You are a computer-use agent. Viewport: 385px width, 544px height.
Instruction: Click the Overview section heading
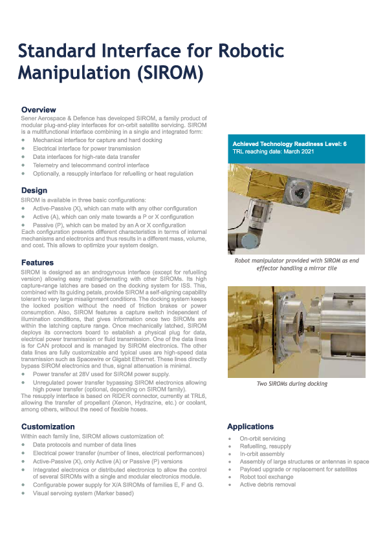pyautogui.click(x=39, y=110)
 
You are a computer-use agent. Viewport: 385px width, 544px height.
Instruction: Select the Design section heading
pyautogui.click(x=34, y=191)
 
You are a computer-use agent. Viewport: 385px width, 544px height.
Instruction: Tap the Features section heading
pyautogui.click(x=38, y=263)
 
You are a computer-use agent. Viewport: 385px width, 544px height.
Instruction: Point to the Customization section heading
pyautogui.click(x=48, y=426)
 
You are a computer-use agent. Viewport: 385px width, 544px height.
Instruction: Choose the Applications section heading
pyautogui.click(x=250, y=426)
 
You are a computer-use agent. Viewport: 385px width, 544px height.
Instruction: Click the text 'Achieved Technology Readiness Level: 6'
pyautogui.click(x=289, y=144)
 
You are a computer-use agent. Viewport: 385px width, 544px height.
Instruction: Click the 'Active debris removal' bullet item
pyautogui.click(x=267, y=485)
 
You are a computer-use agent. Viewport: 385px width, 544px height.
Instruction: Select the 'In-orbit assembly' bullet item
pyautogui.click(x=262, y=454)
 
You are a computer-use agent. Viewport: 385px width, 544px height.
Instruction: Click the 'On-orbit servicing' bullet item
pyautogui.click(x=262, y=439)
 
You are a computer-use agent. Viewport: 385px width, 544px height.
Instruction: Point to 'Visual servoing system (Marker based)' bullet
pyautogui.click(x=83, y=493)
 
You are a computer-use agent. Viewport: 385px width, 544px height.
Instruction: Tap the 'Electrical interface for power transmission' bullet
pyautogui.click(x=86, y=148)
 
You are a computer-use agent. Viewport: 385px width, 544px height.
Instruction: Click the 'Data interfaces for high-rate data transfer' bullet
pyautogui.click(x=86, y=156)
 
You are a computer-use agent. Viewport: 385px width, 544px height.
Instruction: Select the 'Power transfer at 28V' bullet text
pyautogui.click(x=101, y=373)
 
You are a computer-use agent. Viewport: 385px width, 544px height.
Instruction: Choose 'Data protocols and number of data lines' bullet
pyautogui.click(x=85, y=445)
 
